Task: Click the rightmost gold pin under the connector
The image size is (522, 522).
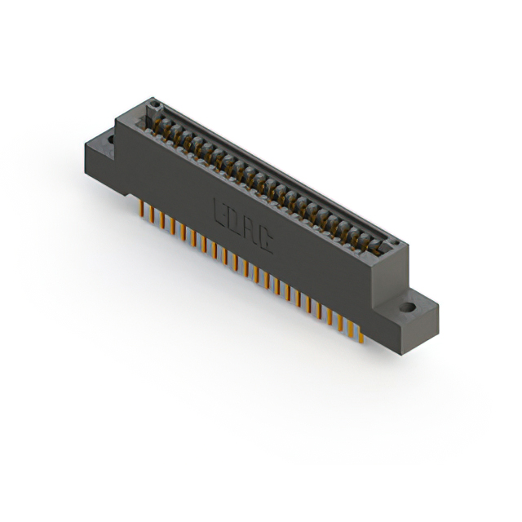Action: (360, 334)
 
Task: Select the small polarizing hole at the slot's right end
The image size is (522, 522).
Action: (394, 243)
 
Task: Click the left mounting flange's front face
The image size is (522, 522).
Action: (102, 166)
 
